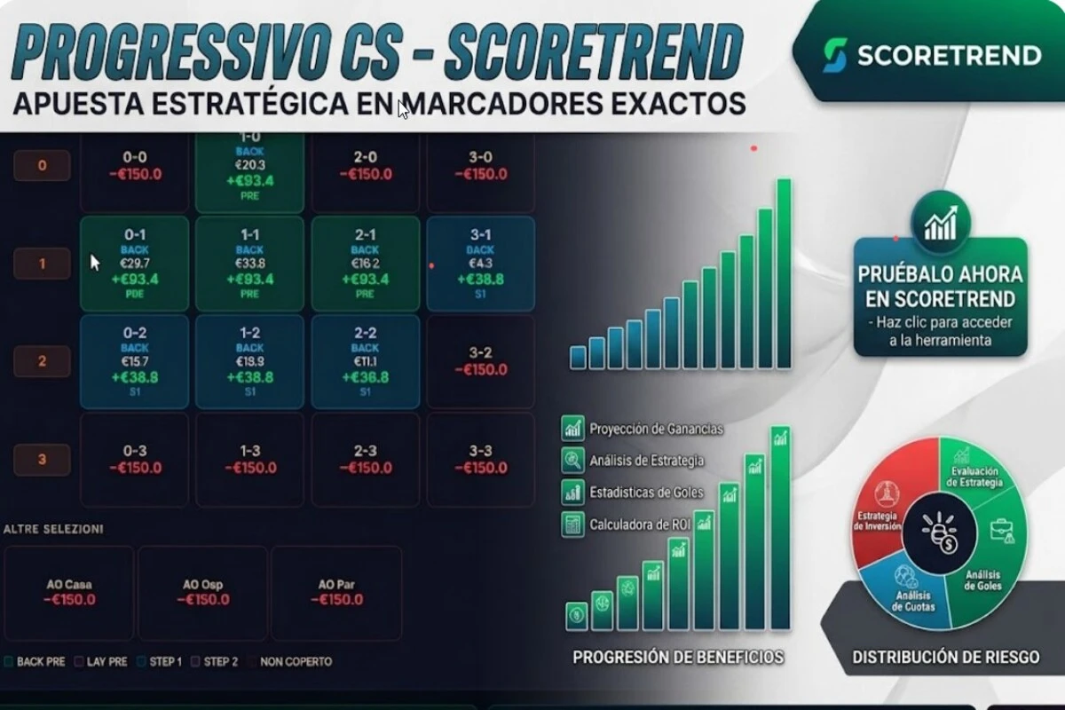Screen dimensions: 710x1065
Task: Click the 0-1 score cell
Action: pos(134,263)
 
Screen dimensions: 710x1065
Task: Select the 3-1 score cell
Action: pos(480,263)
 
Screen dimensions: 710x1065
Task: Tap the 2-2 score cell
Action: pos(365,361)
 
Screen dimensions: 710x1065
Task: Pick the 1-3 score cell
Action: pos(249,459)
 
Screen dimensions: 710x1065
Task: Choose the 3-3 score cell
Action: pos(480,459)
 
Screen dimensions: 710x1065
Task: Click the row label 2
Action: pos(42,361)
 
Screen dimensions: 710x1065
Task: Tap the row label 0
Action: pos(42,165)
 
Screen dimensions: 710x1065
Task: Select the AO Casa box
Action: pos(69,592)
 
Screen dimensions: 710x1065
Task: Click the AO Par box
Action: pos(336,592)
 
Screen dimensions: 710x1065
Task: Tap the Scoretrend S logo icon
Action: pos(833,55)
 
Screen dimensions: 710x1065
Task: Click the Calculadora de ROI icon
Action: pos(572,525)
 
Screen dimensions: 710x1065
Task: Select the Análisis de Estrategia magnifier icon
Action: pos(572,460)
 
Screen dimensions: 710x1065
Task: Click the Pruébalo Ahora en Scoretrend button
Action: pos(940,297)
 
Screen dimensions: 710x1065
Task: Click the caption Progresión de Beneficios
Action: pos(678,658)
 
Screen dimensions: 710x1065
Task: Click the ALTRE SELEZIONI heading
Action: pos(53,529)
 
